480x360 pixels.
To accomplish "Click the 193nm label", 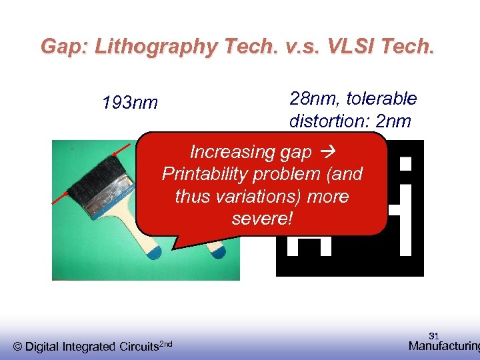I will click(130, 103).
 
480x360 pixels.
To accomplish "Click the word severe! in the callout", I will click(262, 218).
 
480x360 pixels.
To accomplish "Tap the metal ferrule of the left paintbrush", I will click(107, 200).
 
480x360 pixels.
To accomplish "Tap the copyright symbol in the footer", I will click(18, 346).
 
